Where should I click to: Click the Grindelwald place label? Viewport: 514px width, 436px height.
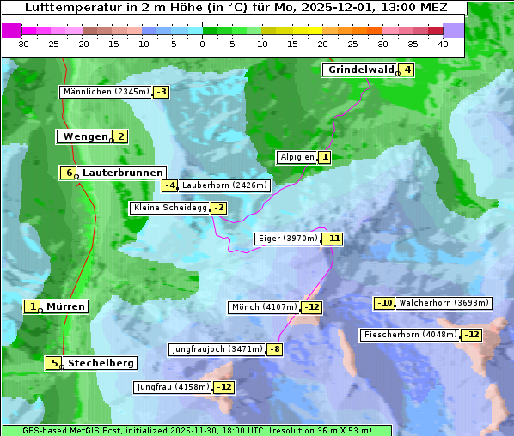pyautogui.click(x=361, y=70)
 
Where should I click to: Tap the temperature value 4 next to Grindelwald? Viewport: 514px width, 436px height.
pyautogui.click(x=407, y=70)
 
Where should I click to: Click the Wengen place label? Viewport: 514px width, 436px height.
pyautogui.click(x=85, y=136)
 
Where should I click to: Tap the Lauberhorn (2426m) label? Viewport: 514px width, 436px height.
pyautogui.click(x=225, y=185)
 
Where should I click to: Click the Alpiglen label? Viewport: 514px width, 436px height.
pyautogui.click(x=297, y=157)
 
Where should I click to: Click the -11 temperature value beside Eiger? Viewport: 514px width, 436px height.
pyautogui.click(x=333, y=239)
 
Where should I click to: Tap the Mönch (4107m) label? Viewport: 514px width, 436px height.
pyautogui.click(x=264, y=307)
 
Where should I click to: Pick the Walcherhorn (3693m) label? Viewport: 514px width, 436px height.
pyautogui.click(x=444, y=303)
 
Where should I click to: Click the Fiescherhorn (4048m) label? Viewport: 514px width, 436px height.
pyautogui.click(x=410, y=335)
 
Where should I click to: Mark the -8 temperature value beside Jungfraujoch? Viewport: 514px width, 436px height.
pyautogui.click(x=275, y=349)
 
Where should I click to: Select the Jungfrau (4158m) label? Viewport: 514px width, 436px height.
pyautogui.click(x=173, y=387)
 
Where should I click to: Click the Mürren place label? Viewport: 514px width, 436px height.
pyautogui.click(x=65, y=306)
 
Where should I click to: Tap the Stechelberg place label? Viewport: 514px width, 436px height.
pyautogui.click(x=101, y=363)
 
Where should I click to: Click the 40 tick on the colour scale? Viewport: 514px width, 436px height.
pyautogui.click(x=443, y=44)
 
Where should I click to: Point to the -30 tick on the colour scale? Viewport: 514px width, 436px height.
pyautogui.click(x=22, y=44)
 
